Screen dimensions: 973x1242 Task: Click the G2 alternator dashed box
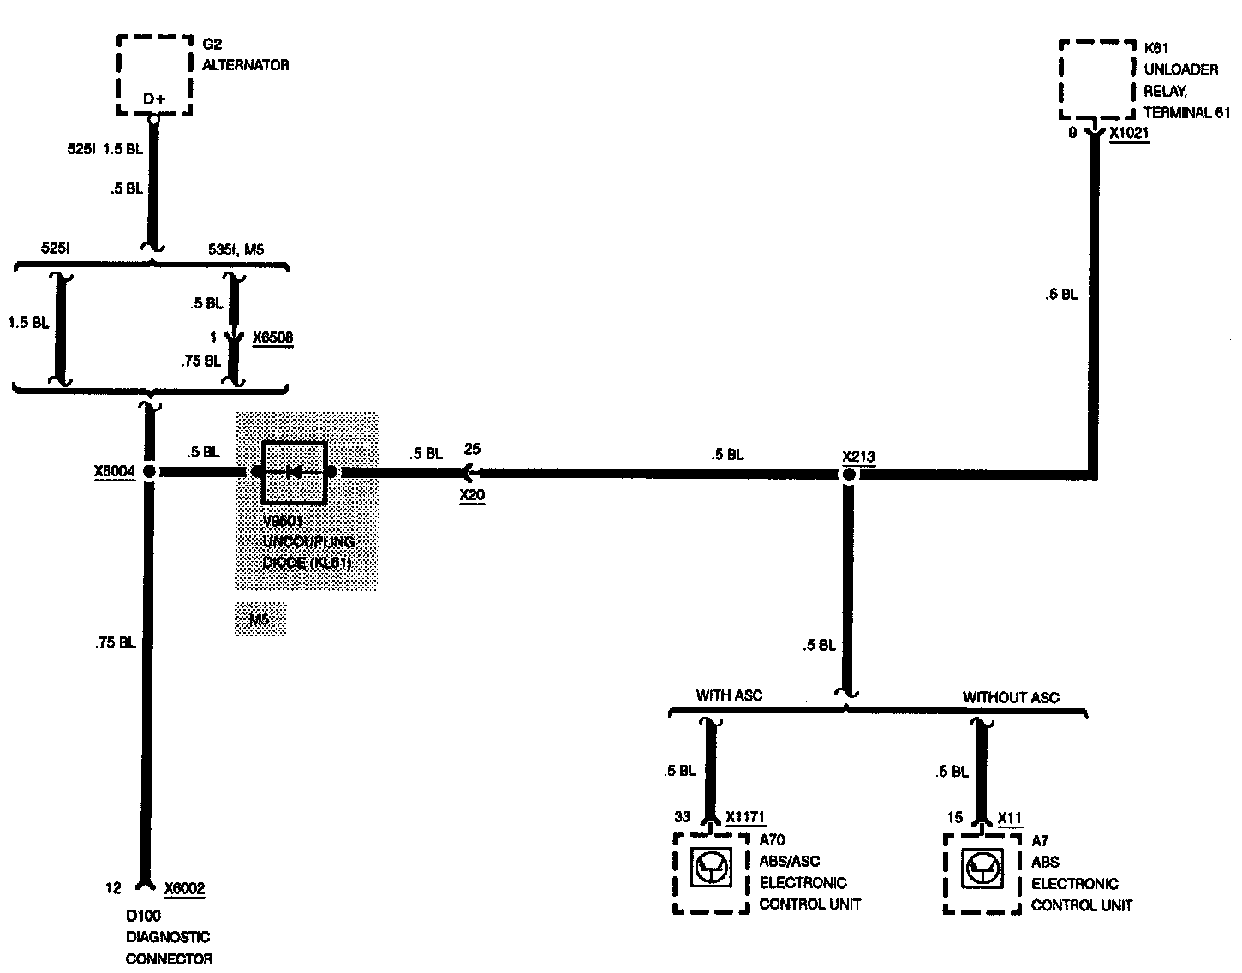point(155,75)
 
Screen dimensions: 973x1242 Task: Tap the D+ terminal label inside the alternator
point(154,99)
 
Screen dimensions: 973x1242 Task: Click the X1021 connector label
point(1129,134)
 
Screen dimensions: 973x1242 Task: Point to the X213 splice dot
point(848,474)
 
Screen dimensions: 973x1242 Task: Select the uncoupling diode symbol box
point(295,472)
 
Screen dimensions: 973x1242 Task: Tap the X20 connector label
point(472,495)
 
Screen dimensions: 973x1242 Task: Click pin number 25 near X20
point(472,449)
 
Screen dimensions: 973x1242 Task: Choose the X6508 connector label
point(272,337)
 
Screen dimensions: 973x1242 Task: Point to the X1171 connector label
point(744,817)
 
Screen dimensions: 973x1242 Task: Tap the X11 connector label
point(1010,818)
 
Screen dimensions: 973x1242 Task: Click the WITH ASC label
point(729,695)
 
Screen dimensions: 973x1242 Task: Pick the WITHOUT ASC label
point(1011,697)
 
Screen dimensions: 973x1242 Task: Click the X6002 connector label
point(184,888)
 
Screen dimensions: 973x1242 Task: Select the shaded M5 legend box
point(260,619)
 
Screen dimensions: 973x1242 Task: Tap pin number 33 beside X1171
point(682,817)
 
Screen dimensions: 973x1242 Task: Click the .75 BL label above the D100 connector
point(116,642)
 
